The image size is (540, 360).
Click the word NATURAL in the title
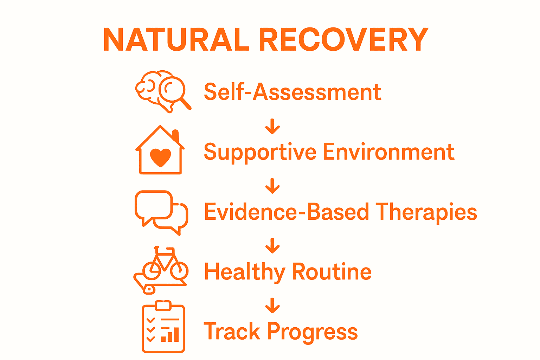[x=176, y=39]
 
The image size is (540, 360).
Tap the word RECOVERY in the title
[x=343, y=39]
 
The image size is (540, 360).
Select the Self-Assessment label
[x=292, y=92]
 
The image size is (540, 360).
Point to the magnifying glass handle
[x=185, y=104]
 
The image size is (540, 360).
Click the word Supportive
[x=260, y=153]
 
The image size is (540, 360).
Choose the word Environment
[x=388, y=152]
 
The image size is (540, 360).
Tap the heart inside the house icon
[x=160, y=157]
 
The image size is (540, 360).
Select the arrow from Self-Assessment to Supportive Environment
[x=272, y=127]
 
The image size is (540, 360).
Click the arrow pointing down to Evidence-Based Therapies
[x=272, y=186]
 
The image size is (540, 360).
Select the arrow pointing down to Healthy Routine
[x=272, y=246]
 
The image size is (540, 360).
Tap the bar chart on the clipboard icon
[x=170, y=334]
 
